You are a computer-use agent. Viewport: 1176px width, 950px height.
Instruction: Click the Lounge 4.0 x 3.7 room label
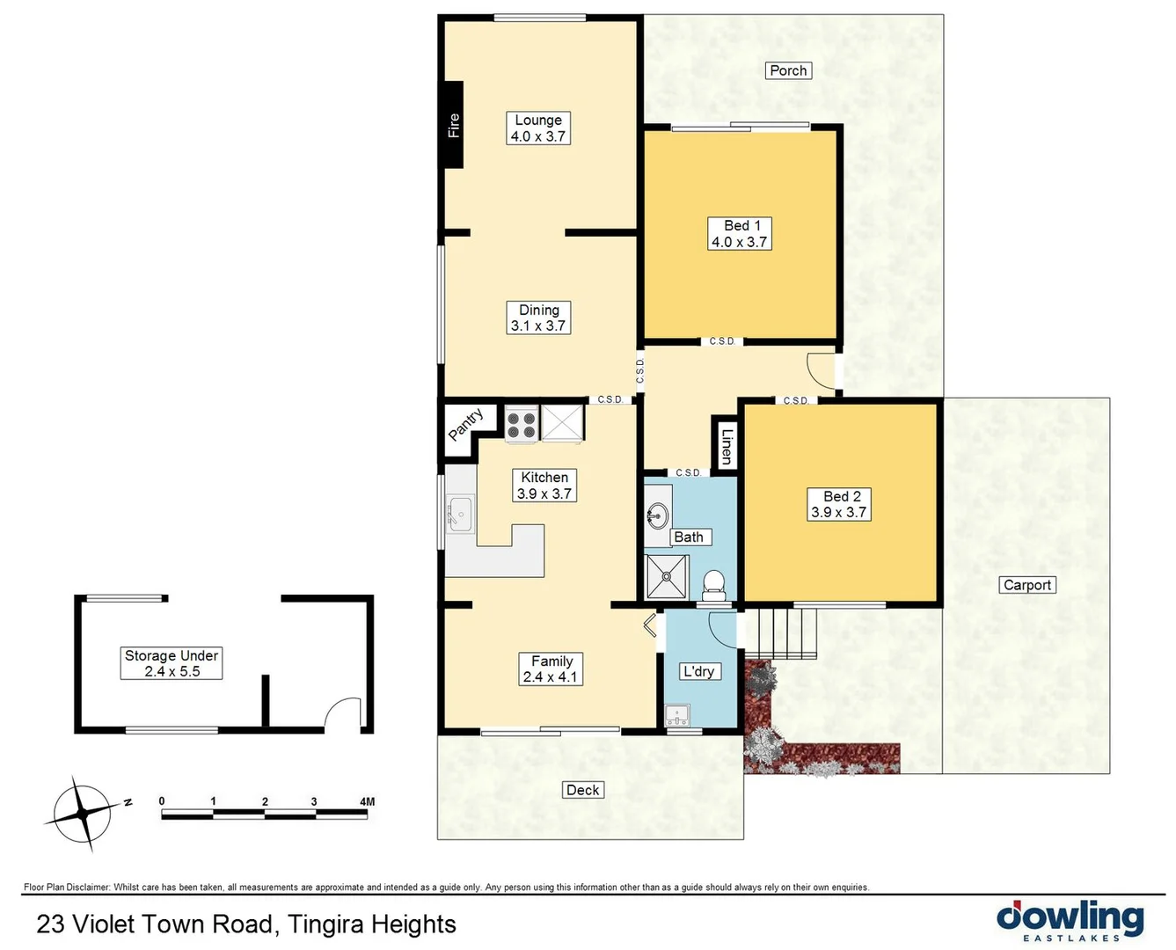pyautogui.click(x=538, y=128)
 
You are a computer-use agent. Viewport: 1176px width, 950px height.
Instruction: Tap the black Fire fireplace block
pyautogui.click(x=453, y=124)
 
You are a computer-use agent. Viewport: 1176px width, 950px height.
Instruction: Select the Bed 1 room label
pyautogui.click(x=739, y=234)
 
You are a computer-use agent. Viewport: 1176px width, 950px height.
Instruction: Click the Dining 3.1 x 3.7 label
pyautogui.click(x=538, y=318)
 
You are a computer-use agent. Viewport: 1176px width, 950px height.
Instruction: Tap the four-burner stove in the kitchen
pyautogui.click(x=522, y=424)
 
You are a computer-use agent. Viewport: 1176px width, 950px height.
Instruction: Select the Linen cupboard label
pyautogui.click(x=726, y=445)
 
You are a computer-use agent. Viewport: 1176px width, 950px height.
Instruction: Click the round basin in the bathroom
pyautogui.click(x=657, y=515)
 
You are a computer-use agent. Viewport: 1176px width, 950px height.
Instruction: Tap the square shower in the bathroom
pyautogui.click(x=668, y=577)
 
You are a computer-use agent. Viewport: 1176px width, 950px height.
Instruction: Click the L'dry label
pyautogui.click(x=699, y=671)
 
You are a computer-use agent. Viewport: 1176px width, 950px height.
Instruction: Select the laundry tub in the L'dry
pyautogui.click(x=677, y=713)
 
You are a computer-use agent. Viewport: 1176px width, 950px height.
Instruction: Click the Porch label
pyautogui.click(x=788, y=70)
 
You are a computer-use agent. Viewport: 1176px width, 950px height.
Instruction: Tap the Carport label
pyautogui.click(x=1026, y=585)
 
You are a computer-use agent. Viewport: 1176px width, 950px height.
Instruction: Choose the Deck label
pyautogui.click(x=582, y=790)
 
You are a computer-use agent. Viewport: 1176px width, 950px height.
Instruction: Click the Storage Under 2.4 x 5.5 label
pyautogui.click(x=172, y=663)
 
